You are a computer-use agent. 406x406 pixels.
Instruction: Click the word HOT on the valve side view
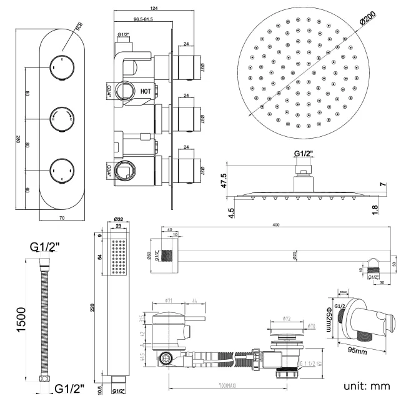coord(146,90)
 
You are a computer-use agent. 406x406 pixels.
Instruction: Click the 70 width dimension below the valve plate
coord(61,219)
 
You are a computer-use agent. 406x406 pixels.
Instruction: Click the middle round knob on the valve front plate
coord(61,117)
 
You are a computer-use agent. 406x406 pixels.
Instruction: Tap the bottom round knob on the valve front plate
coord(61,169)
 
